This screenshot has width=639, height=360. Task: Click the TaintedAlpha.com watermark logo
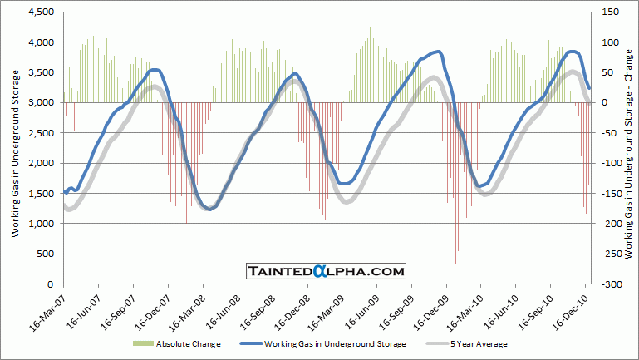tap(326, 271)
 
